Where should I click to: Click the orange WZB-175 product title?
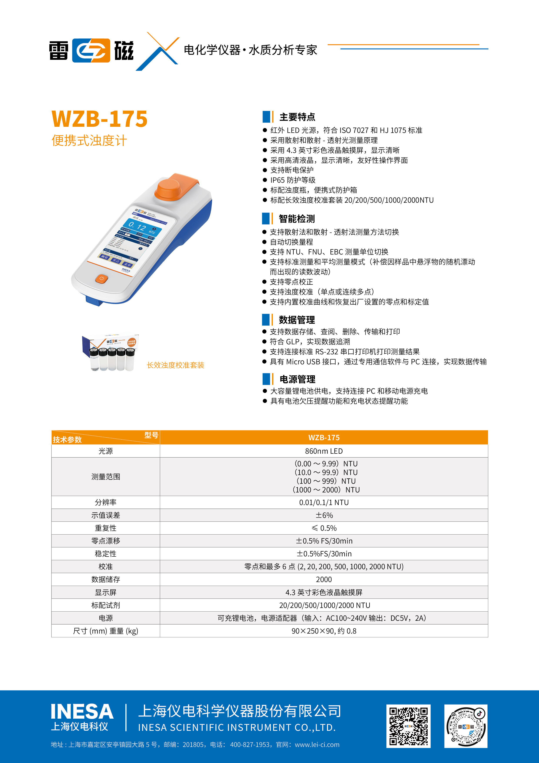pos(99,119)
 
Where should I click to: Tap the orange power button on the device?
pos(102,278)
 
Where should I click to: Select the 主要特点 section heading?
pos(297,117)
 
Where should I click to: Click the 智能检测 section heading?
pos(297,219)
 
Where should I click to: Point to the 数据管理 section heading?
pos(297,320)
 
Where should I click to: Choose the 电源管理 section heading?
pos(297,379)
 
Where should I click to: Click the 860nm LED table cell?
pos(324,451)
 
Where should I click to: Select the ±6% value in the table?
pos(324,515)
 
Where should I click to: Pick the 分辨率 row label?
pos(106,502)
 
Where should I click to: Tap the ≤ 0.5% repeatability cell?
pos(324,528)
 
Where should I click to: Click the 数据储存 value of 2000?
pos(324,579)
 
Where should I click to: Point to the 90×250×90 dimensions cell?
pos(324,631)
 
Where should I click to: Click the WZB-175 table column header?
pos(324,437)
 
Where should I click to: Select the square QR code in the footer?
pos(408,726)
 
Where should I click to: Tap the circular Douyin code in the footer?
pos(466,726)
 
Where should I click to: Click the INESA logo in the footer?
pos(82,717)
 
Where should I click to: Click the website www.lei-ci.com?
pos(317,744)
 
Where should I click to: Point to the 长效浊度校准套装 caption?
pos(175,365)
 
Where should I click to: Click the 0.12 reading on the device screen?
pos(137,226)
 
